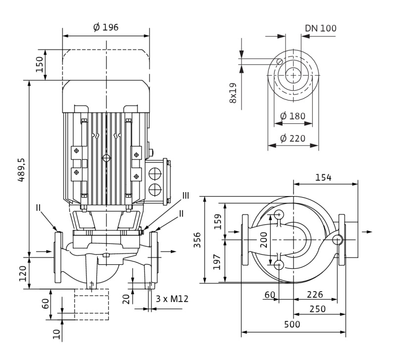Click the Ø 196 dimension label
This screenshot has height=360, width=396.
tap(105, 27)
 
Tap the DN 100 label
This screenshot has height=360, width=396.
tap(321, 28)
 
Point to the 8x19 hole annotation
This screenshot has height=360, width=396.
tap(233, 93)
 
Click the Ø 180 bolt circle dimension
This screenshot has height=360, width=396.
tap(293, 116)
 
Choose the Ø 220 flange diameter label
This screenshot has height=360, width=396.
tap(293, 139)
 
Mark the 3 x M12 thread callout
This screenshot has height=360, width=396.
tap(172, 299)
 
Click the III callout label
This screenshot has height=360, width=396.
tap(186, 196)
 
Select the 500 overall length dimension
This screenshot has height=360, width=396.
tap(292, 324)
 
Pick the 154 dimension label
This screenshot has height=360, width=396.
tap(323, 178)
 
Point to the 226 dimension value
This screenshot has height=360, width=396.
tap(315, 295)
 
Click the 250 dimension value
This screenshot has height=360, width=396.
tap(317, 309)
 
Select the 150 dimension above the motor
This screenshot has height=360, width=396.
tap(39, 64)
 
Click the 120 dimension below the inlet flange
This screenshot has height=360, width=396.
tap(23, 273)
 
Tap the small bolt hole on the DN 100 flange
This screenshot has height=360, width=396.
tap(280, 61)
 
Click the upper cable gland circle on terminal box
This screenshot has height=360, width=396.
tap(155, 173)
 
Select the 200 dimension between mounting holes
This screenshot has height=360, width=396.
tap(263, 240)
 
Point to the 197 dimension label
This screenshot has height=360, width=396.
tap(217, 262)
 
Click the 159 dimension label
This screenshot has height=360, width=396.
tap(217, 221)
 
